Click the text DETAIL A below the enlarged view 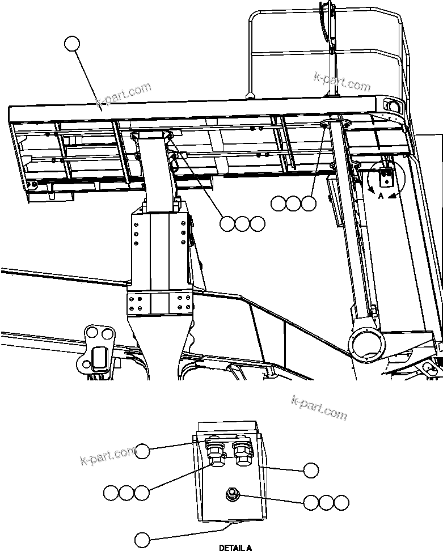point(235,548)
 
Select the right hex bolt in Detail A point(241,453)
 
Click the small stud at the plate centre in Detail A point(233,495)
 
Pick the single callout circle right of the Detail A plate point(310,470)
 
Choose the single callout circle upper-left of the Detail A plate point(142,451)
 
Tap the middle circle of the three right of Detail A point(326,502)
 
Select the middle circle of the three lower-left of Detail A point(126,493)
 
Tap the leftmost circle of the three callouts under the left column point(227,224)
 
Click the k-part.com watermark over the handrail point(342,82)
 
